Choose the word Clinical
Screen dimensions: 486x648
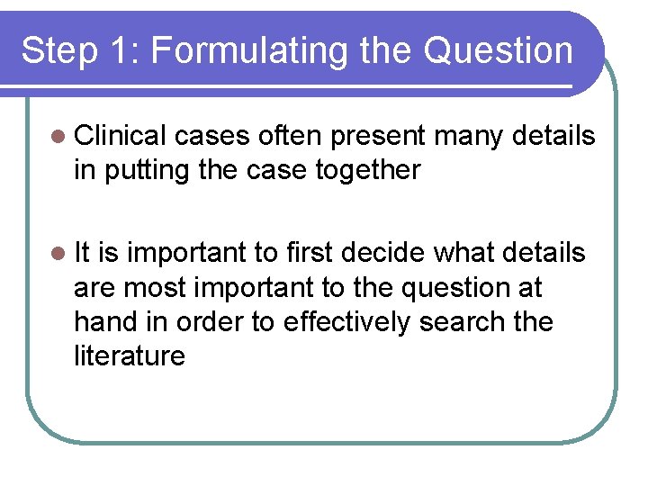click(121, 136)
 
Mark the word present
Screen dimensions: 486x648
click(377, 137)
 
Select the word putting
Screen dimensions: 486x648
click(143, 170)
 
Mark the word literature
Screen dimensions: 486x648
click(130, 355)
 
